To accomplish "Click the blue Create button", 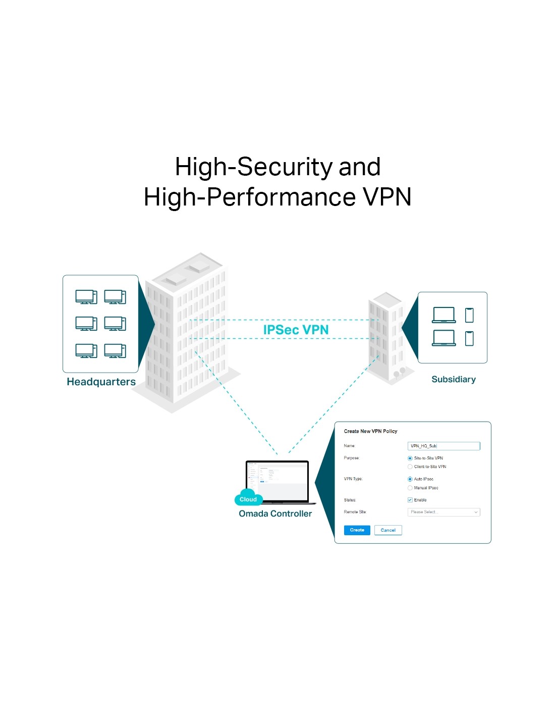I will point(357,530).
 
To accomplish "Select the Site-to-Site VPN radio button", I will point(410,458).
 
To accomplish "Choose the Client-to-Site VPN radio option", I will point(410,467).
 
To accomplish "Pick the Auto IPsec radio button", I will point(410,479).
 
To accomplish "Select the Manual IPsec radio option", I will point(410,488).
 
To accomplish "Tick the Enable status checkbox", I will point(410,500).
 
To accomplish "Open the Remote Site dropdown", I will point(443,512).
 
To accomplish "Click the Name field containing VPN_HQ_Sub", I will point(443,446).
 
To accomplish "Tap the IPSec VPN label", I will point(296,330).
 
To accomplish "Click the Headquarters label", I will point(101,382).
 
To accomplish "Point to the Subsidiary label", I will point(454,379).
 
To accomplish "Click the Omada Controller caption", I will point(275,514).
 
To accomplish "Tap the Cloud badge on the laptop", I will point(248,499).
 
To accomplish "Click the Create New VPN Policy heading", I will point(370,431).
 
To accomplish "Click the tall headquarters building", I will point(187,333).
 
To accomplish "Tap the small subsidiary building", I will point(386,336).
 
